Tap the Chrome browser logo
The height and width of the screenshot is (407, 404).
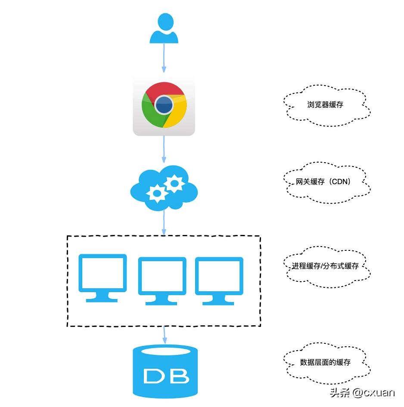[164, 105]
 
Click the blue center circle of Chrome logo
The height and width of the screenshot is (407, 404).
[164, 105]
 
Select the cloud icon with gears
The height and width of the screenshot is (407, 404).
[164, 188]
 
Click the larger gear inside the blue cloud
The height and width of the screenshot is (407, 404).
[174, 184]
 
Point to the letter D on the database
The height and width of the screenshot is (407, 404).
[153, 376]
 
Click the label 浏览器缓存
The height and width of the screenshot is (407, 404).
[326, 105]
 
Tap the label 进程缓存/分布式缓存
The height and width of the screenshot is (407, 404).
[326, 266]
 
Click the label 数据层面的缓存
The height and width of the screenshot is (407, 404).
[326, 362]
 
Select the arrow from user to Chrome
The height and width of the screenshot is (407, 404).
[164, 58]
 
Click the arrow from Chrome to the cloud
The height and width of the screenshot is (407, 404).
[164, 149]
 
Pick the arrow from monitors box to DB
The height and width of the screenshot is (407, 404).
[164, 335]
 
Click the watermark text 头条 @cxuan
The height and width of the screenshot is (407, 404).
[362, 392]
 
